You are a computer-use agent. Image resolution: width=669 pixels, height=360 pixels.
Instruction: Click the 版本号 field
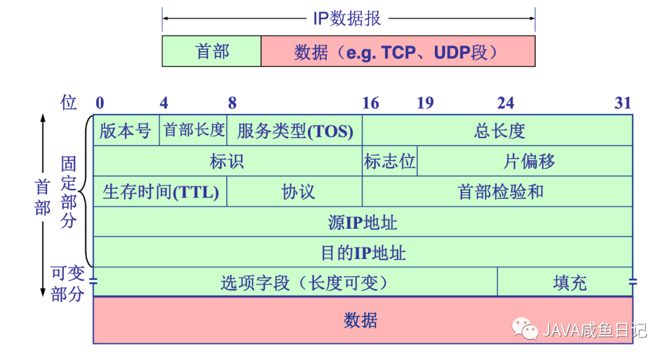pos(126,131)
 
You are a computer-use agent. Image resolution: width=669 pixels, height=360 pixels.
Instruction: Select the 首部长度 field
pos(193,131)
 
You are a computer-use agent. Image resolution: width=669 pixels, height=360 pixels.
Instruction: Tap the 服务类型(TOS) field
pos(295,131)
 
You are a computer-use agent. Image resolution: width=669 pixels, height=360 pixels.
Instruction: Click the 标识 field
pos(227,162)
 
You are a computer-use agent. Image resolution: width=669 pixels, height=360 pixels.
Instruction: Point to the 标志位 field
pos(390,162)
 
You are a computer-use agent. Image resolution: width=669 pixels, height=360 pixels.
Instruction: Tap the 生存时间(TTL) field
pos(160,191)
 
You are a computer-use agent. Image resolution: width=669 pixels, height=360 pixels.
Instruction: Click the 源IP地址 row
pos(362,222)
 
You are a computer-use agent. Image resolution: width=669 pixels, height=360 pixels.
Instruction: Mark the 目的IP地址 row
pos(362,252)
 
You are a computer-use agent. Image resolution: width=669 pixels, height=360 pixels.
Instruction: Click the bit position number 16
pos(370,103)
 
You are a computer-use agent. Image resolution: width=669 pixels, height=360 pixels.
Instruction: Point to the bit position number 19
pos(425,103)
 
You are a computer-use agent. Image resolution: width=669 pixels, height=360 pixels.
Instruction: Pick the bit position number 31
pos(623,103)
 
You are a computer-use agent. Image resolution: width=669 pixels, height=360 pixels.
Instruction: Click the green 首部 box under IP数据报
pos(212,51)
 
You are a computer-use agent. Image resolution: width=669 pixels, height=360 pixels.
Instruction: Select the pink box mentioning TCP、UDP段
pos(397,51)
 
